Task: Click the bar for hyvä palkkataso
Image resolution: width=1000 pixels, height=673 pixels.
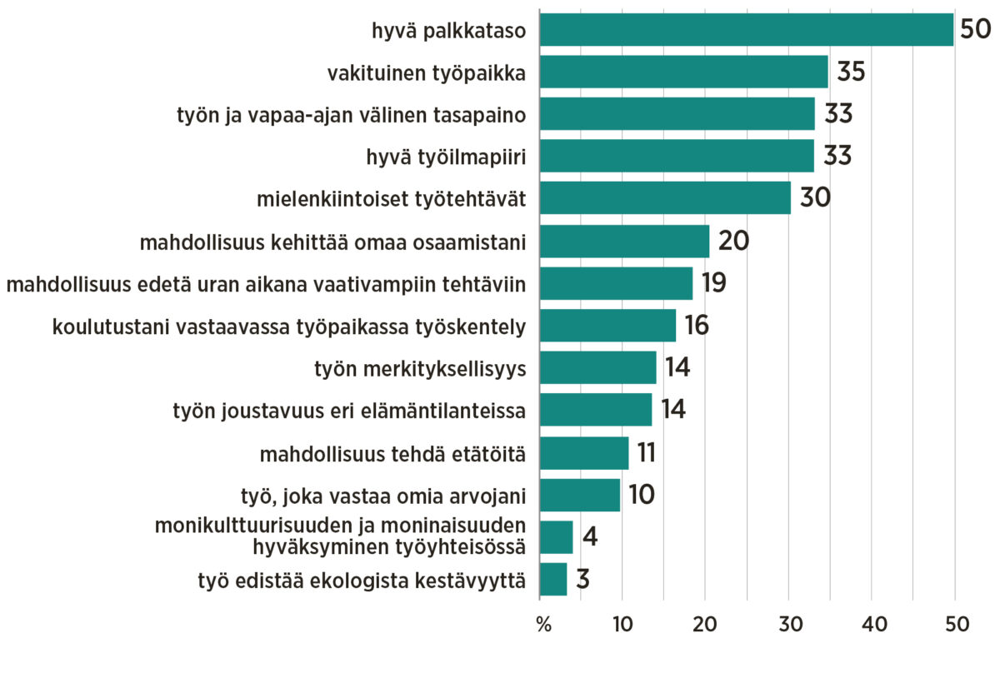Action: click(746, 30)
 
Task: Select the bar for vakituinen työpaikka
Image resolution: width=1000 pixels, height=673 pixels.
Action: click(683, 72)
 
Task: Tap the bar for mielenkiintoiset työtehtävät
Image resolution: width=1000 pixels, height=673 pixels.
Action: click(665, 198)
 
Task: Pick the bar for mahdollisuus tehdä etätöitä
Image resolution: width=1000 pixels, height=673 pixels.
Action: click(584, 452)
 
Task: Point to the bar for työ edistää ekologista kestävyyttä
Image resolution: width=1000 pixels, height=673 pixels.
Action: click(553, 579)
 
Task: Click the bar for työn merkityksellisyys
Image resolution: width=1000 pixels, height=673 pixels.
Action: click(597, 367)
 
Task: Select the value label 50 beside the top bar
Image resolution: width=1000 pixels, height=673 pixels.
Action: click(974, 30)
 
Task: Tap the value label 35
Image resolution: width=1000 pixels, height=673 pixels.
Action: click(851, 72)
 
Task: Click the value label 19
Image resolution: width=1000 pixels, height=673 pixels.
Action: click(713, 283)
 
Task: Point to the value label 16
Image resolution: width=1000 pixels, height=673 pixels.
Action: click(697, 325)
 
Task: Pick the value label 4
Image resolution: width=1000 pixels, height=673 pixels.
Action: click(590, 536)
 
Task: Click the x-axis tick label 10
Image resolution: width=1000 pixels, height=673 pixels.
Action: click(622, 625)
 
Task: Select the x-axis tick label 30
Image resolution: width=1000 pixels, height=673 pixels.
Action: click(788, 625)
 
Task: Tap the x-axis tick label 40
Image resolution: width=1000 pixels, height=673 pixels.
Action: click(872, 625)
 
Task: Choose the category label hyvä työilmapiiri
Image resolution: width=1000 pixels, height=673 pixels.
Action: click(446, 157)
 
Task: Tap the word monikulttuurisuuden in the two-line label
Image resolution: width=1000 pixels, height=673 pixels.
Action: click(240, 526)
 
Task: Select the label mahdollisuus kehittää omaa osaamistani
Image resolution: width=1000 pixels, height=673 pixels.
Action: click(332, 242)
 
